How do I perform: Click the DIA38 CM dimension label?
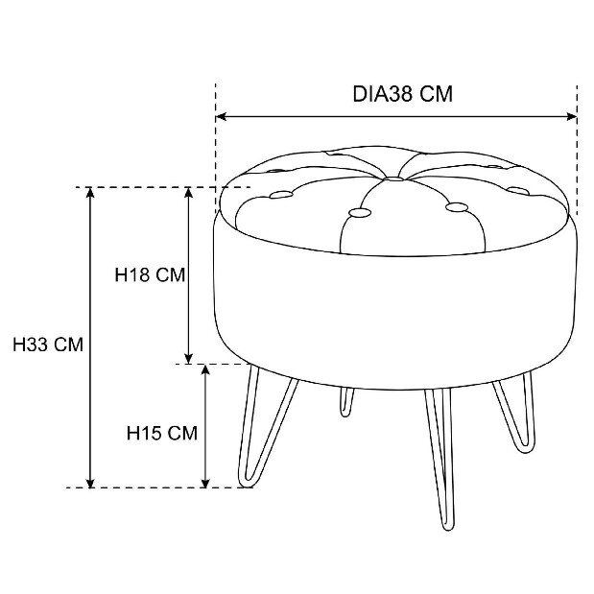[403, 94]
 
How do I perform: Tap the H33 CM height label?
[48, 345]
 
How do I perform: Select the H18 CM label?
[150, 274]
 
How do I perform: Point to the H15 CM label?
[162, 433]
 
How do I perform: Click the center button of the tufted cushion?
[393, 178]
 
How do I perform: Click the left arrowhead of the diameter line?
[221, 117]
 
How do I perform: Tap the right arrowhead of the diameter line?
[572, 117]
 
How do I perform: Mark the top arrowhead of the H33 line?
[90, 193]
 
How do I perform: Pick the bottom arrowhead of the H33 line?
[90, 483]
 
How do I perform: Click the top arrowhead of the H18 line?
[189, 193]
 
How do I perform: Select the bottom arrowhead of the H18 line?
[189, 359]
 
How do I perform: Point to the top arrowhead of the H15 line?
[205, 369]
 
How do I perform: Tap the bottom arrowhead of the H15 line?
[205, 483]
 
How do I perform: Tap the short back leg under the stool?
[346, 402]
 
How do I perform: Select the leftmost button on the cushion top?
[281, 195]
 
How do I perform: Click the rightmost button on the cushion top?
[518, 190]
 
